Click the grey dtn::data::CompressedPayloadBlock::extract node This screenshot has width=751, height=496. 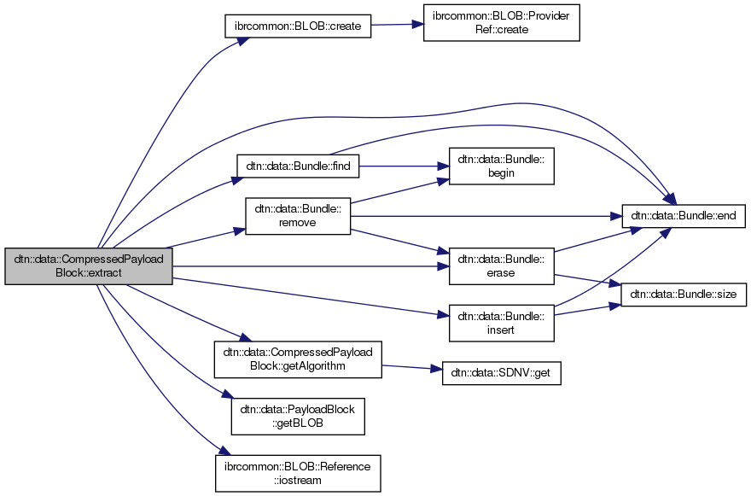pyautogui.click(x=89, y=266)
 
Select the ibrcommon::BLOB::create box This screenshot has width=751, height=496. pyautogui.click(x=298, y=26)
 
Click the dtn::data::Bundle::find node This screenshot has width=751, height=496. pyautogui.click(x=297, y=165)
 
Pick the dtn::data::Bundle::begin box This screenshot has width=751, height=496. pyautogui.click(x=502, y=165)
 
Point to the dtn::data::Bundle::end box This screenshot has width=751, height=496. pyautogui.click(x=685, y=216)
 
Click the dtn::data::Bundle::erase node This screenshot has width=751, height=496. pyautogui.click(x=502, y=266)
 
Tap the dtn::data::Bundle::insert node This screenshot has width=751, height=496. pyautogui.click(x=502, y=317)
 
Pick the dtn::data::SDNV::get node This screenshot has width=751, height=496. pyautogui.click(x=502, y=373)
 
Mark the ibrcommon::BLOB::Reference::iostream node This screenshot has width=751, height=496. pyautogui.click(x=298, y=472)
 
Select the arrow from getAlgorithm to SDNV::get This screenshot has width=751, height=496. pyautogui.click(x=411, y=367)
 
